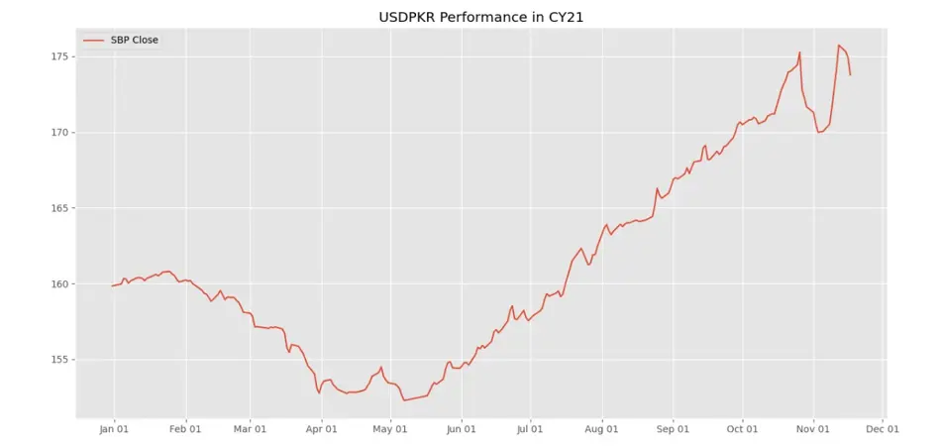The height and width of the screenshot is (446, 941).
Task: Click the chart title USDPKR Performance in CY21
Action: pyautogui.click(x=470, y=18)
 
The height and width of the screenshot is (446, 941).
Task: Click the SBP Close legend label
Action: pyautogui.click(x=135, y=40)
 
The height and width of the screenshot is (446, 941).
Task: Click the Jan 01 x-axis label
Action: pyautogui.click(x=114, y=429)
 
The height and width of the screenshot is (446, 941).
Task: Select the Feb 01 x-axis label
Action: pyautogui.click(x=185, y=429)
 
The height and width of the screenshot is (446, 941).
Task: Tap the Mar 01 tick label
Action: pyautogui.click(x=250, y=429)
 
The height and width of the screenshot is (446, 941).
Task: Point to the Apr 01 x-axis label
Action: pyautogui.click(x=321, y=429)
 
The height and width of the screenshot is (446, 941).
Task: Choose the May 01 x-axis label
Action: pyautogui.click(x=390, y=429)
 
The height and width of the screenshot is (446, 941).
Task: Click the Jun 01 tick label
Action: pyautogui.click(x=461, y=429)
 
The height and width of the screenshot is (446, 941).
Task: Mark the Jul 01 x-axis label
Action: pyautogui.click(x=530, y=429)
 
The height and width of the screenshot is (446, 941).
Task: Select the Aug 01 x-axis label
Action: pyautogui.click(x=601, y=429)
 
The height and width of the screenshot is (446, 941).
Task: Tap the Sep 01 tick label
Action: pyautogui.click(x=673, y=429)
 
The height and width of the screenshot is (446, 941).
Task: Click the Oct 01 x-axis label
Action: pyautogui.click(x=742, y=429)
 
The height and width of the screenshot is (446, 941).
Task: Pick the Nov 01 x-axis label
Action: pyautogui.click(x=812, y=429)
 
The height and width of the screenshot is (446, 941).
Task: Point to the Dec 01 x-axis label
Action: pyautogui.click(x=882, y=429)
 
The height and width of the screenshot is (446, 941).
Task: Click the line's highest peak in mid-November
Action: pyautogui.click(x=839, y=46)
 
